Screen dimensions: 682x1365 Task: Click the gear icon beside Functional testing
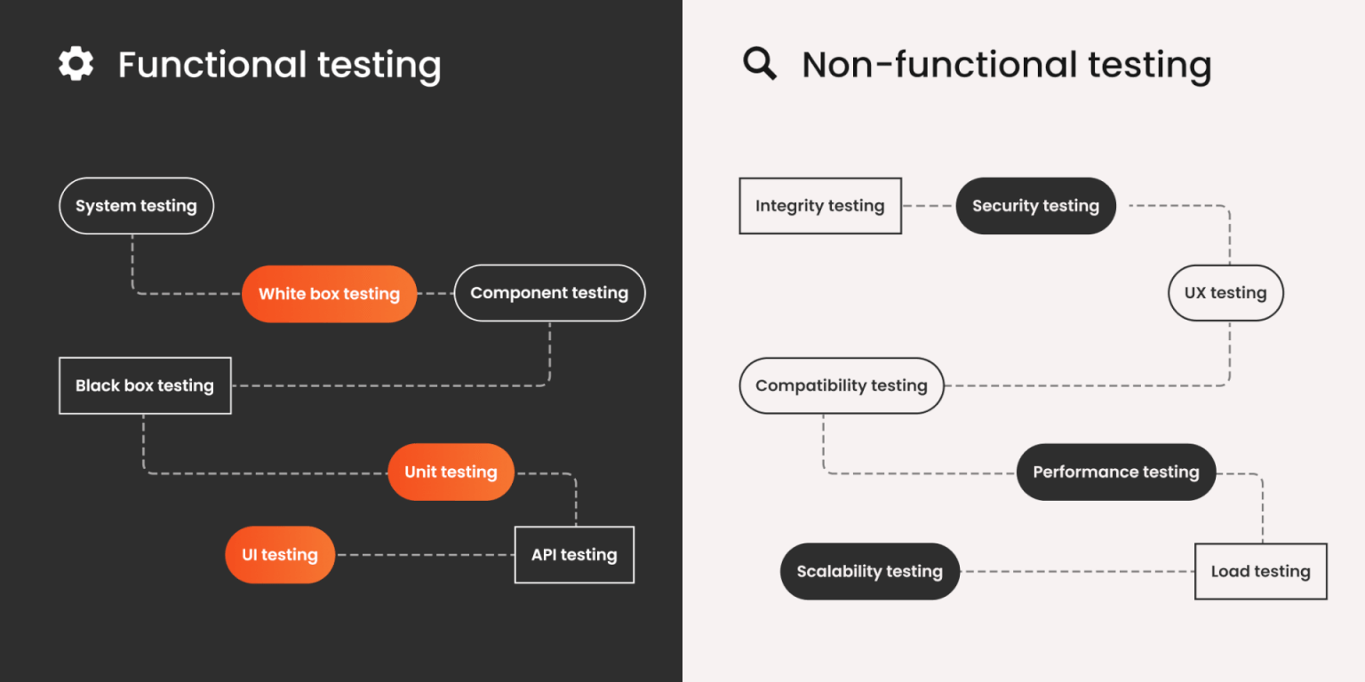click(x=76, y=64)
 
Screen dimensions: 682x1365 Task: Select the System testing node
click(x=136, y=206)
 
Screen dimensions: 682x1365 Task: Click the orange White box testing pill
click(x=329, y=294)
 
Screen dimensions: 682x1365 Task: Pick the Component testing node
click(x=549, y=293)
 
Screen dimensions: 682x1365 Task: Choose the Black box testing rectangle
click(x=145, y=385)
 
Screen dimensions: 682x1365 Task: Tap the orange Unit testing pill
click(x=451, y=472)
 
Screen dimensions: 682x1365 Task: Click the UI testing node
click(x=280, y=555)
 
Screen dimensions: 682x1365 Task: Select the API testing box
click(x=574, y=555)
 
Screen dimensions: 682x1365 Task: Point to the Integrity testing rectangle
click(x=820, y=206)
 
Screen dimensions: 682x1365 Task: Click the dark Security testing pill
click(x=1035, y=206)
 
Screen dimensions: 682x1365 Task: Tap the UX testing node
click(x=1225, y=293)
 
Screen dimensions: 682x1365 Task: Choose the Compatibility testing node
click(x=841, y=385)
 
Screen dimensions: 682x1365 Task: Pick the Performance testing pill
click(x=1115, y=472)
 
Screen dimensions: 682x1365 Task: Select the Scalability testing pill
click(x=869, y=571)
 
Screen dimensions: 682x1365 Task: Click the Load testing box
click(x=1260, y=571)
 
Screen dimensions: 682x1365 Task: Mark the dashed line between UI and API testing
click(x=425, y=555)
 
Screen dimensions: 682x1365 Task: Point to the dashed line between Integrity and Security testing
click(x=929, y=206)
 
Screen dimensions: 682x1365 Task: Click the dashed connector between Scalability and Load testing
click(x=1077, y=571)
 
